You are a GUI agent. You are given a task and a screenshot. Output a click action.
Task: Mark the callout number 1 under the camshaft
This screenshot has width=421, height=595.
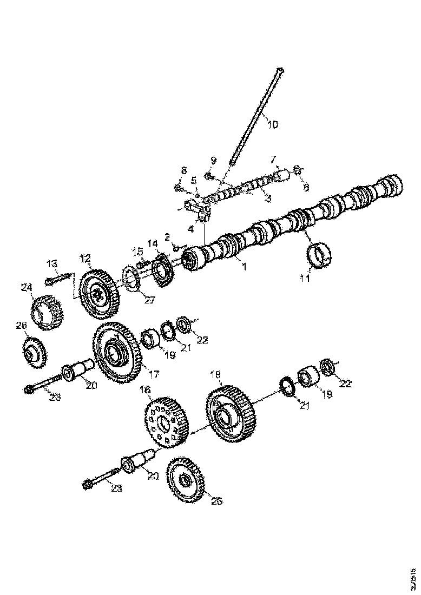click(x=244, y=267)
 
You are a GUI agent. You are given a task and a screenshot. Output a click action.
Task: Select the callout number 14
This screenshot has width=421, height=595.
click(x=155, y=244)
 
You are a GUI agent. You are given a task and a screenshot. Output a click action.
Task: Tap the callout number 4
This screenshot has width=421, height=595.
click(x=190, y=228)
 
